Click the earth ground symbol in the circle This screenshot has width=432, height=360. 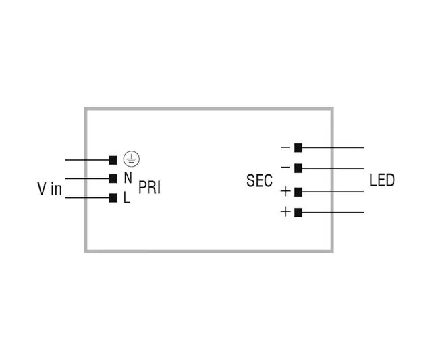click(132, 159)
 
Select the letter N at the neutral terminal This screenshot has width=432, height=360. click(128, 178)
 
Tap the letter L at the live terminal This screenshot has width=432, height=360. click(126, 199)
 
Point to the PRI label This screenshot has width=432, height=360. click(150, 188)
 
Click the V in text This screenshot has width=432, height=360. click(49, 189)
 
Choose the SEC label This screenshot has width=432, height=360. click(259, 181)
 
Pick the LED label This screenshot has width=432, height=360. click(382, 180)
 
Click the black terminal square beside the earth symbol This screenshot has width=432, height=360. click(113, 160)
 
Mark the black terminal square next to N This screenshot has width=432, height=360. click(113, 178)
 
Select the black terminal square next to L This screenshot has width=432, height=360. click(113, 198)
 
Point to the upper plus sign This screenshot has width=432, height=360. click(285, 192)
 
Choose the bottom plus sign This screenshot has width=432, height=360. click(285, 212)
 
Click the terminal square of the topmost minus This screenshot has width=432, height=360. click(298, 147)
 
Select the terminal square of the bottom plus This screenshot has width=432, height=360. click(298, 212)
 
